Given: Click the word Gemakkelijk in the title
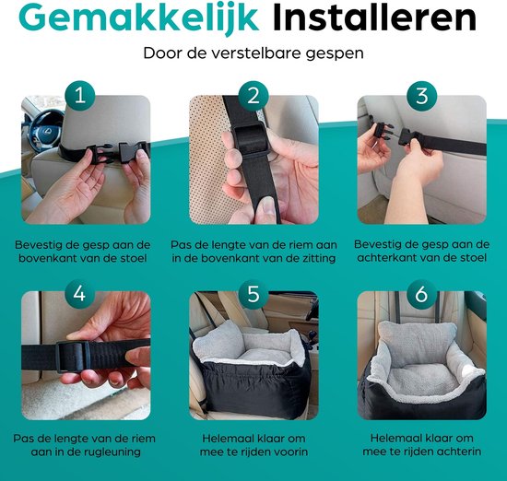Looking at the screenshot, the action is (x=138, y=18).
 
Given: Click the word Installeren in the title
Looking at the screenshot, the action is (x=374, y=18).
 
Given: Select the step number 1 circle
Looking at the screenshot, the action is (x=80, y=96).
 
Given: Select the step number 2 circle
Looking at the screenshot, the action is (x=253, y=96).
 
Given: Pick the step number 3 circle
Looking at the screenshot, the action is (x=421, y=96).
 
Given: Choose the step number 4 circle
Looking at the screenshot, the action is (x=80, y=294).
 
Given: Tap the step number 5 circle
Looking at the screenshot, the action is (x=253, y=294).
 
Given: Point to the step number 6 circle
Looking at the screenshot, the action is (x=421, y=294).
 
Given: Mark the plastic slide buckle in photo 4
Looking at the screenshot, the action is (x=73, y=357).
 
